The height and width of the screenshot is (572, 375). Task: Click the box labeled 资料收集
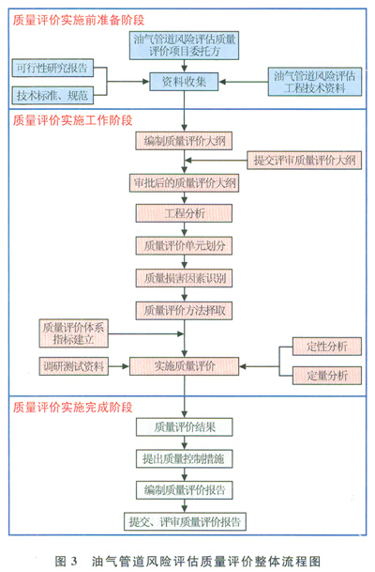[x=185, y=82]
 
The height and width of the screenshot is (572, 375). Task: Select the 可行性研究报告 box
[x=52, y=68]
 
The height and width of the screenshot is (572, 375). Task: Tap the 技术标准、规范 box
[x=52, y=95]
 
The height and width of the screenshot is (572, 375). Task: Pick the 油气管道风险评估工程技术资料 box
[x=315, y=82]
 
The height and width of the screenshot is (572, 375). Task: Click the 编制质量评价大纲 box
[x=185, y=141]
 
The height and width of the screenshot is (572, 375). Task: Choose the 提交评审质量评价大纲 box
[x=305, y=160]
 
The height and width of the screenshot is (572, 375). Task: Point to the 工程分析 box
[x=185, y=213]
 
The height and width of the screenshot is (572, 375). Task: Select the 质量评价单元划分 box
[x=185, y=245]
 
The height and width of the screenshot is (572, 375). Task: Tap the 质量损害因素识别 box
[x=185, y=278]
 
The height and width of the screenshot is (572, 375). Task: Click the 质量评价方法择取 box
[x=185, y=311]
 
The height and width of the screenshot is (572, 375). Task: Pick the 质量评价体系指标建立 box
[x=73, y=333]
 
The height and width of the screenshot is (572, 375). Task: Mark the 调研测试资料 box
[x=73, y=366]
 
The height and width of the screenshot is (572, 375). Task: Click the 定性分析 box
[x=327, y=347]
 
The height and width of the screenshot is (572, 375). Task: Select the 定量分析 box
[x=327, y=375]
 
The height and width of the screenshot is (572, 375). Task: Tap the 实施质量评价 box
[x=185, y=366]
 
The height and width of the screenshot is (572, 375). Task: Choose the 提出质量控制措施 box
[x=185, y=459]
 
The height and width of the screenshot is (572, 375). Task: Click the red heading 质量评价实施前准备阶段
[x=79, y=20]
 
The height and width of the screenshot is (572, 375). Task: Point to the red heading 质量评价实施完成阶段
[x=73, y=407]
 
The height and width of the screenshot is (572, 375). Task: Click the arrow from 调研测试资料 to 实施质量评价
[x=119, y=366]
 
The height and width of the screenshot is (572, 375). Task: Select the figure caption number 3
[x=73, y=561]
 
